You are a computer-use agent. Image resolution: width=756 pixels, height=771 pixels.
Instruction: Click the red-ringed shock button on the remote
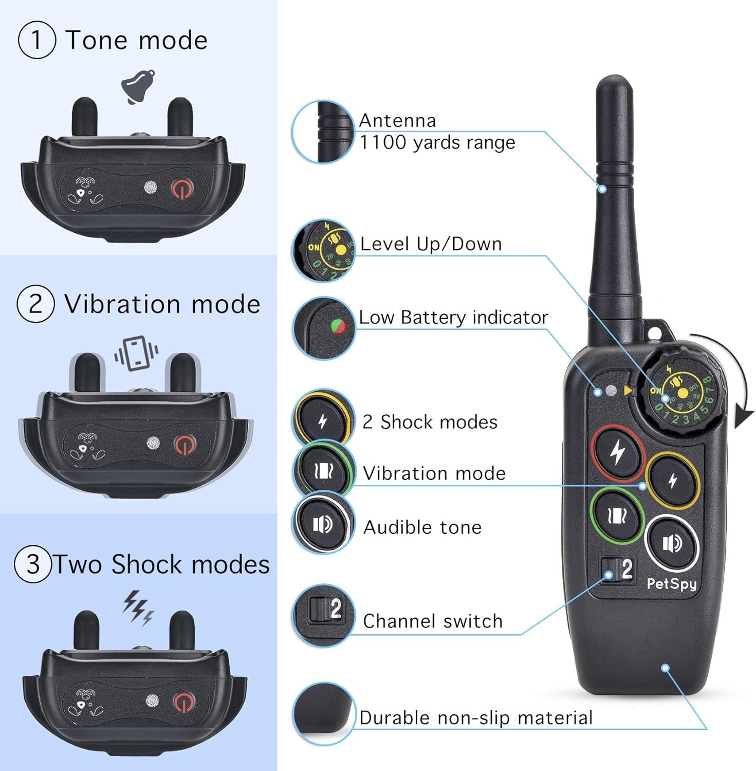[617, 453]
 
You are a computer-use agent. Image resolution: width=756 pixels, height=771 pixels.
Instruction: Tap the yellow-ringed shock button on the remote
[673, 481]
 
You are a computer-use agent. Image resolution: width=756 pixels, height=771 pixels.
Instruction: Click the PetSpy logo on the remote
[671, 584]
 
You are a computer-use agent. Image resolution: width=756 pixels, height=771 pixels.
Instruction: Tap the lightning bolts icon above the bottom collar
[138, 607]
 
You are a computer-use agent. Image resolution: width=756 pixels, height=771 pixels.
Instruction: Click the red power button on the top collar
[182, 189]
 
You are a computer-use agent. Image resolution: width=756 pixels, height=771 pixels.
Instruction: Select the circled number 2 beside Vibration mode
[35, 304]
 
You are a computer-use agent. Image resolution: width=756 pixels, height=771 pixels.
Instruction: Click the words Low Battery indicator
[453, 318]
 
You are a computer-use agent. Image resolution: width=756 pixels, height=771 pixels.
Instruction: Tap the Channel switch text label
[432, 621]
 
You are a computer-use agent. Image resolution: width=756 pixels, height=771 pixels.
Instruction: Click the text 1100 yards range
[437, 142]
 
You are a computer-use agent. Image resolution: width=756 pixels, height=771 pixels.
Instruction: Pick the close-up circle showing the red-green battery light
[324, 328]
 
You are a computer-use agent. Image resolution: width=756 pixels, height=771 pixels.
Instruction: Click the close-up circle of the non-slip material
[324, 714]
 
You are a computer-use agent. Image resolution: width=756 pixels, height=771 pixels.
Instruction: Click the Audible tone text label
[422, 527]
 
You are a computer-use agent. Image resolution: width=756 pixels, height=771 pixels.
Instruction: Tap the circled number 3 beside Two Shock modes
[33, 564]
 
